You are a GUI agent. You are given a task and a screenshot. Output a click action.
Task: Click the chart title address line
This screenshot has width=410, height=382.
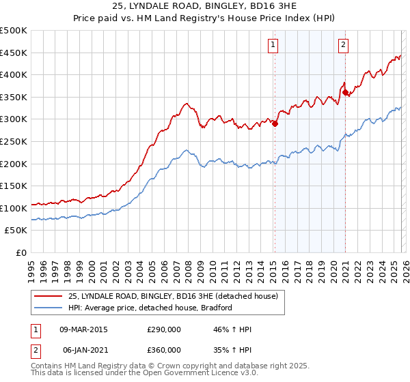205,5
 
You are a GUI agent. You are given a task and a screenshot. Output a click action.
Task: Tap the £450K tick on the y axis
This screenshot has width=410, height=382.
14,53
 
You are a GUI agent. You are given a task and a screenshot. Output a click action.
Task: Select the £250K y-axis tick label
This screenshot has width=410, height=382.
14,141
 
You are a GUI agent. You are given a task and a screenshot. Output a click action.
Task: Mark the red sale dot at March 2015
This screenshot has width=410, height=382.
275,123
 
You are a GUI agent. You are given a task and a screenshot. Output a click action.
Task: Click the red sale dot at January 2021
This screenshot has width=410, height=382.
345,92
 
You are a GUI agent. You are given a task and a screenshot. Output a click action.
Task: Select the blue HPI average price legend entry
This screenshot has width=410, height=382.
150,308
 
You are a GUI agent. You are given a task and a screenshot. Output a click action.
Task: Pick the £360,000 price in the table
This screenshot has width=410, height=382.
164,349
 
